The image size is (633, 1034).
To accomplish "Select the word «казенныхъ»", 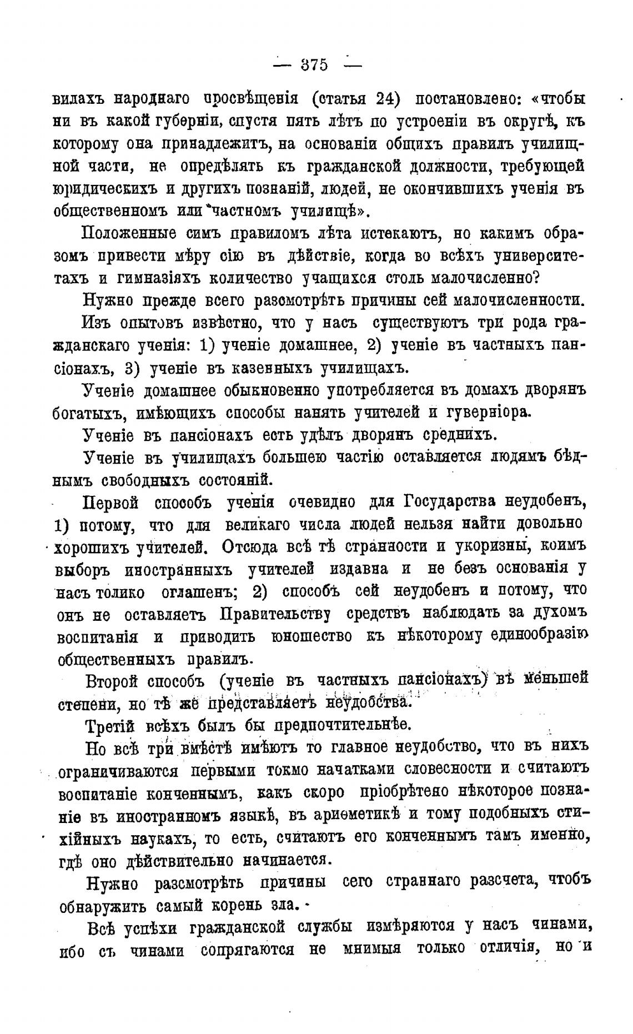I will coord(273,368).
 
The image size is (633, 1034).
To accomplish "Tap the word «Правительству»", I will coord(277,614).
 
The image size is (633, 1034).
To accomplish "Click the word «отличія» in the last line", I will coord(506,948).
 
